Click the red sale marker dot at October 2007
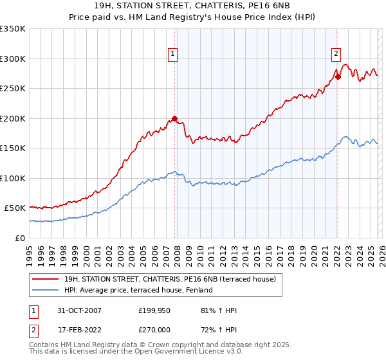click(x=174, y=118)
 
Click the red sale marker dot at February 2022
click(x=337, y=77)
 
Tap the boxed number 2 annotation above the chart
click(x=336, y=55)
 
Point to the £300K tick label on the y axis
click(x=12, y=59)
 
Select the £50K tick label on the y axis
click(x=15, y=208)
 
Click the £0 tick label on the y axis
click(x=20, y=238)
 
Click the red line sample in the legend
click(x=45, y=279)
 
